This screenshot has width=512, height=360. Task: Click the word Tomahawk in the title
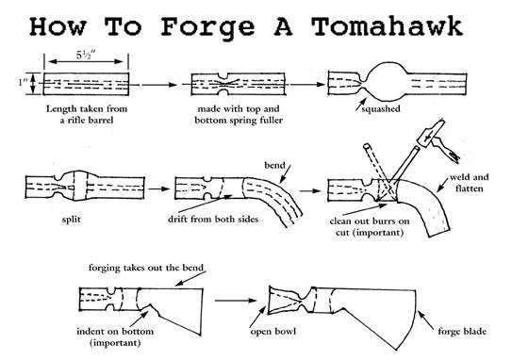(387, 26)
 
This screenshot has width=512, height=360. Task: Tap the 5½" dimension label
(86, 55)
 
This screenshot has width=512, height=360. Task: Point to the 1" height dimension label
(23, 82)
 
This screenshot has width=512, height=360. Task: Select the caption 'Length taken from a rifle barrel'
(87, 114)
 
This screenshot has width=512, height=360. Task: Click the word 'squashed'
(381, 108)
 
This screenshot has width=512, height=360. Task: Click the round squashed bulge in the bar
(387, 82)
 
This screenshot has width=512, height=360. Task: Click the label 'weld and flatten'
(469, 183)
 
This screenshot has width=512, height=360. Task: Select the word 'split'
(71, 219)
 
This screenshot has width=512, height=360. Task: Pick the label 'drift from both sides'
(213, 219)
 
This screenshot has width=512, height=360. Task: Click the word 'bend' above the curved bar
(274, 165)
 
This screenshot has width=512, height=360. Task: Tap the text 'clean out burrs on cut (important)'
(370, 227)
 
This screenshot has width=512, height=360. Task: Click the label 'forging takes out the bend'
(146, 268)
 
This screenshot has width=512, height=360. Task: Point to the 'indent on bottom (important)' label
(115, 337)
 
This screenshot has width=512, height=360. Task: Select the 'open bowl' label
(273, 332)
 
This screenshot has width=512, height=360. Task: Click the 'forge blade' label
(462, 332)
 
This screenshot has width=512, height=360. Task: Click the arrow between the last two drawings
(236, 301)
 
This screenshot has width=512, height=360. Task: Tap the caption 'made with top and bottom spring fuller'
(239, 114)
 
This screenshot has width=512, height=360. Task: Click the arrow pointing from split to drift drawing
(159, 189)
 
